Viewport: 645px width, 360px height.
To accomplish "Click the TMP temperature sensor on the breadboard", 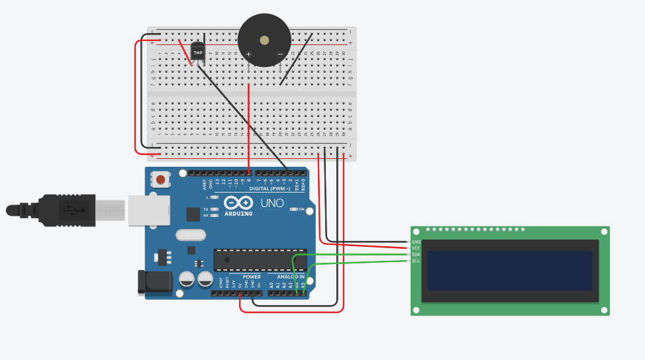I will (x=197, y=52).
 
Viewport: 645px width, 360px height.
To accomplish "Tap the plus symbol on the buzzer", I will (x=249, y=54).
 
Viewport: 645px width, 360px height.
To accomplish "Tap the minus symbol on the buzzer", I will (x=280, y=54).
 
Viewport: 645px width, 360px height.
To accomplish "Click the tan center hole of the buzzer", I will (x=265, y=40).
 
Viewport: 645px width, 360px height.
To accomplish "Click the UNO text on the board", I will (x=272, y=203).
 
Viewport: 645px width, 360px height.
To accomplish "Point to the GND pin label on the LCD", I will (x=416, y=242).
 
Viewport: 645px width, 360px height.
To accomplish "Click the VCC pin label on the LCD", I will (x=416, y=248).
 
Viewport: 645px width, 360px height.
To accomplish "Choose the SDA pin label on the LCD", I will (x=416, y=255).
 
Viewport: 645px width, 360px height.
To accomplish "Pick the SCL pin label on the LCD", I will (x=416, y=261).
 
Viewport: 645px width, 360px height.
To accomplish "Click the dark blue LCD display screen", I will (x=510, y=270).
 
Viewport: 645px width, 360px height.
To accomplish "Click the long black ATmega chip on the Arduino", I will (x=260, y=260).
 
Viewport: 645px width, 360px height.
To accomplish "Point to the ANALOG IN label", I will (x=291, y=277).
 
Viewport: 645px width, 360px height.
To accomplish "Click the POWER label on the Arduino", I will (x=252, y=277).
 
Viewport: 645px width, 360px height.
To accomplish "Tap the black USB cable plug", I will (x=66, y=209).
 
